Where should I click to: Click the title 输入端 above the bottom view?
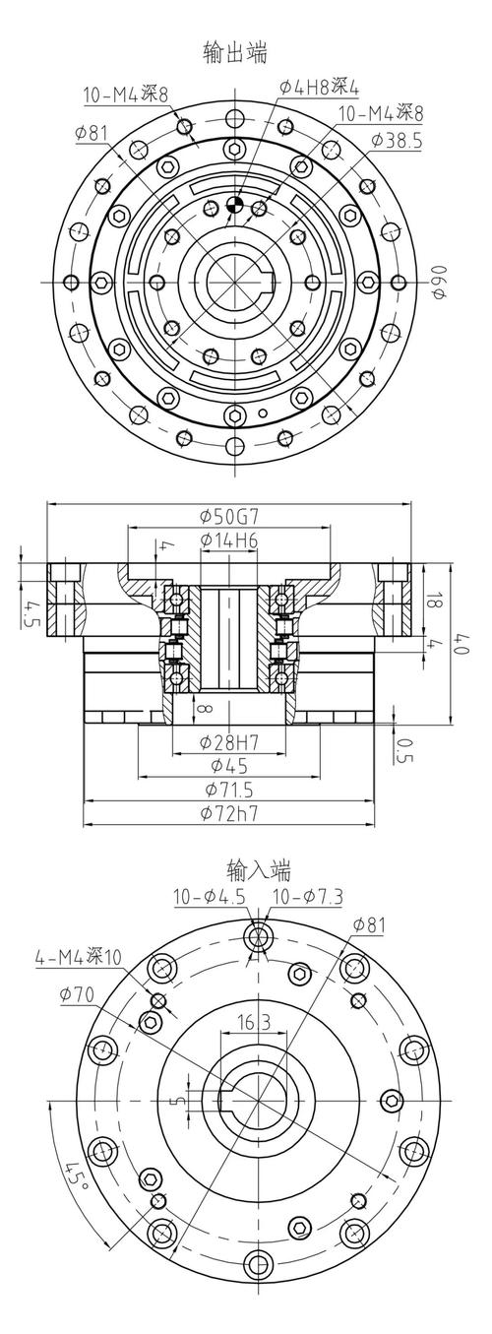tap(259, 869)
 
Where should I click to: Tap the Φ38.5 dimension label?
tap(397, 141)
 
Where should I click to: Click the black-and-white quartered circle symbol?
tap(234, 205)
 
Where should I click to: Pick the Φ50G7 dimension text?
tap(230, 516)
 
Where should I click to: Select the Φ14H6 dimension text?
tap(229, 540)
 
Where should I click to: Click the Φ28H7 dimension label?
tap(229, 741)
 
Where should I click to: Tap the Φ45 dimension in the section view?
tap(229, 765)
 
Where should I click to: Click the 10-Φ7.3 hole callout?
tap(306, 896)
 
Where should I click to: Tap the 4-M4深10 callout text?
tap(79, 956)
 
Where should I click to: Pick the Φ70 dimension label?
tap(76, 994)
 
